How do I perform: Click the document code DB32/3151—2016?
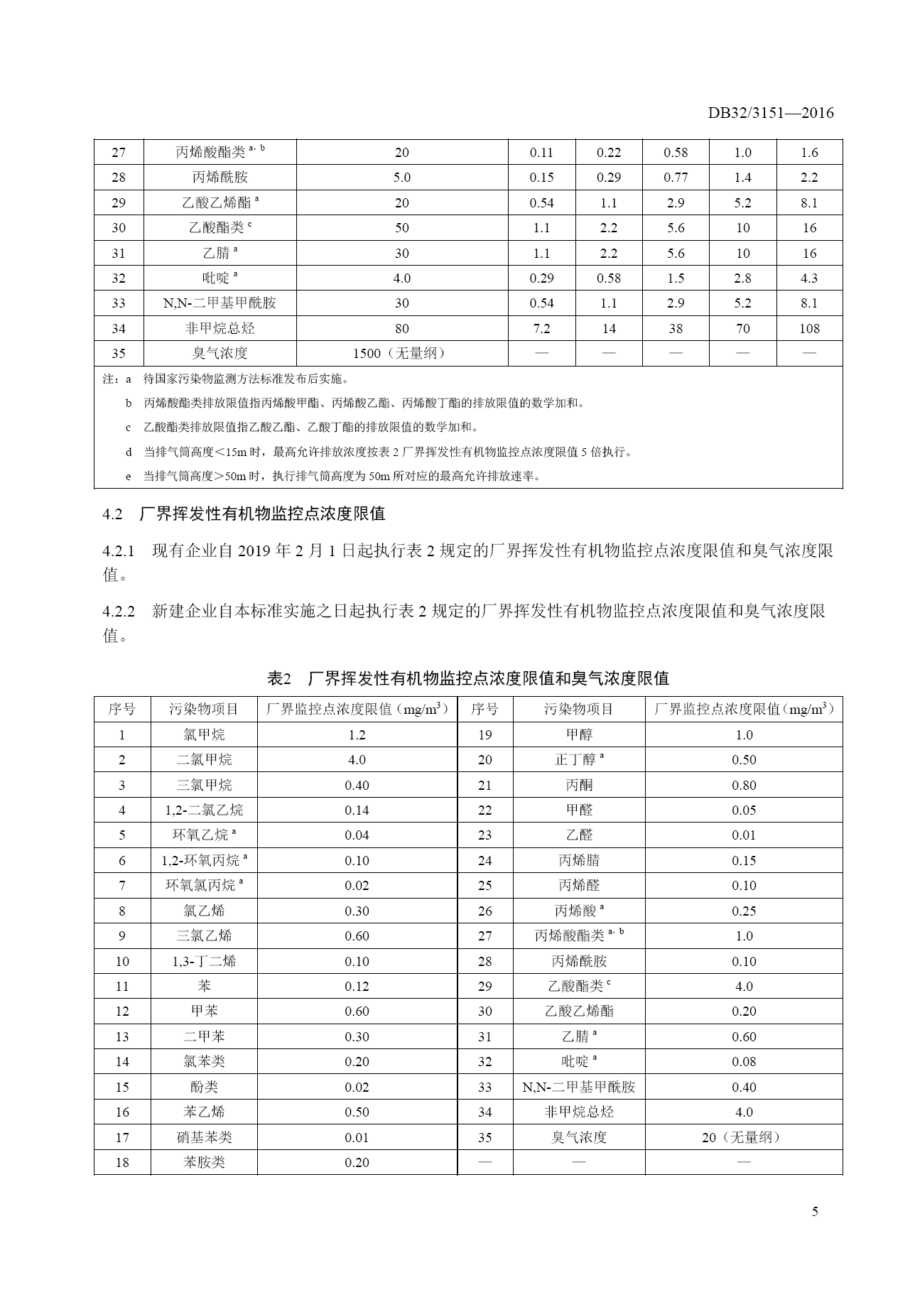pos(770,113)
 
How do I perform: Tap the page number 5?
pos(815,1212)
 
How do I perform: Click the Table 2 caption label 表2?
pos(279,679)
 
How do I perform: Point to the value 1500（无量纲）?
pos(401,354)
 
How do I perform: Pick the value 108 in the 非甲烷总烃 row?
pos(809,329)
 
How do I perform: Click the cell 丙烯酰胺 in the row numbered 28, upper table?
pos(220,178)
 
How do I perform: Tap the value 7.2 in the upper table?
pos(541,329)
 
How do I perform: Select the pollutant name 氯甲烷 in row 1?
pos(204,735)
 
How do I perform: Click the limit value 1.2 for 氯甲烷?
pos(357,735)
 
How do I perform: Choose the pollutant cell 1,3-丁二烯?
pos(204,962)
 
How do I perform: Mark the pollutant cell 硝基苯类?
pos(204,1138)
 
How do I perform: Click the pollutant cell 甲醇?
pos(579,735)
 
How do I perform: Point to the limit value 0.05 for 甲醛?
pos(744,810)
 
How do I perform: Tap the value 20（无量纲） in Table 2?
pos(744,1138)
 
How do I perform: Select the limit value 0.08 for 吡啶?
pos(744,1062)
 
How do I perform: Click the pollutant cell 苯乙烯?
pos(204,1112)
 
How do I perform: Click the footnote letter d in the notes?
pos(129,452)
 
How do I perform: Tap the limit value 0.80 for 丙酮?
pos(744,786)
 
